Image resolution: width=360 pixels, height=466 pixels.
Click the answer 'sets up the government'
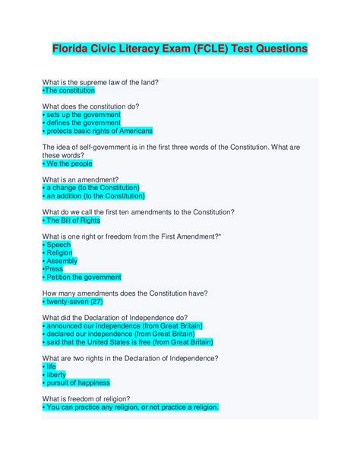click(81, 114)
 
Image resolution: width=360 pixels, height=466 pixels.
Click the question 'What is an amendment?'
click(85, 179)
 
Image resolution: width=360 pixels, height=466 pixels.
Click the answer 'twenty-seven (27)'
click(76, 302)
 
